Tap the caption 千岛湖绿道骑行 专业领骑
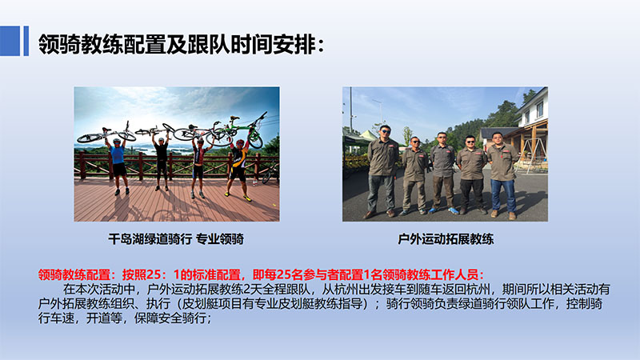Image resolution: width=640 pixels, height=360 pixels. [x=176, y=238]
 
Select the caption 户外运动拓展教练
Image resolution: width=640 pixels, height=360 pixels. [x=446, y=238]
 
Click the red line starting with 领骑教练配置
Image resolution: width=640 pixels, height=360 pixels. [x=261, y=274]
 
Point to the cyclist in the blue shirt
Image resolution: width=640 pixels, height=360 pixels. [x=118, y=166]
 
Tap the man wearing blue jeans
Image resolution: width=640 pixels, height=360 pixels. [x=502, y=174]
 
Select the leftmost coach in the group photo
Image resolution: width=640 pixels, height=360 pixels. [x=382, y=171]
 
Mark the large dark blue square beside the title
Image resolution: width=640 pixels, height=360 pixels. [x=10, y=41]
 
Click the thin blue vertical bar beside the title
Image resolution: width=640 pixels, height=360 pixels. [x=26, y=41]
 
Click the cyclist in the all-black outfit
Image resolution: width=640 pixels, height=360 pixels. [x=162, y=162]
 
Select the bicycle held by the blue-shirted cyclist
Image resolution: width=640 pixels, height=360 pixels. [x=106, y=134]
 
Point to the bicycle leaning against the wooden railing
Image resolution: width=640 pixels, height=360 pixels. [x=270, y=173]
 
